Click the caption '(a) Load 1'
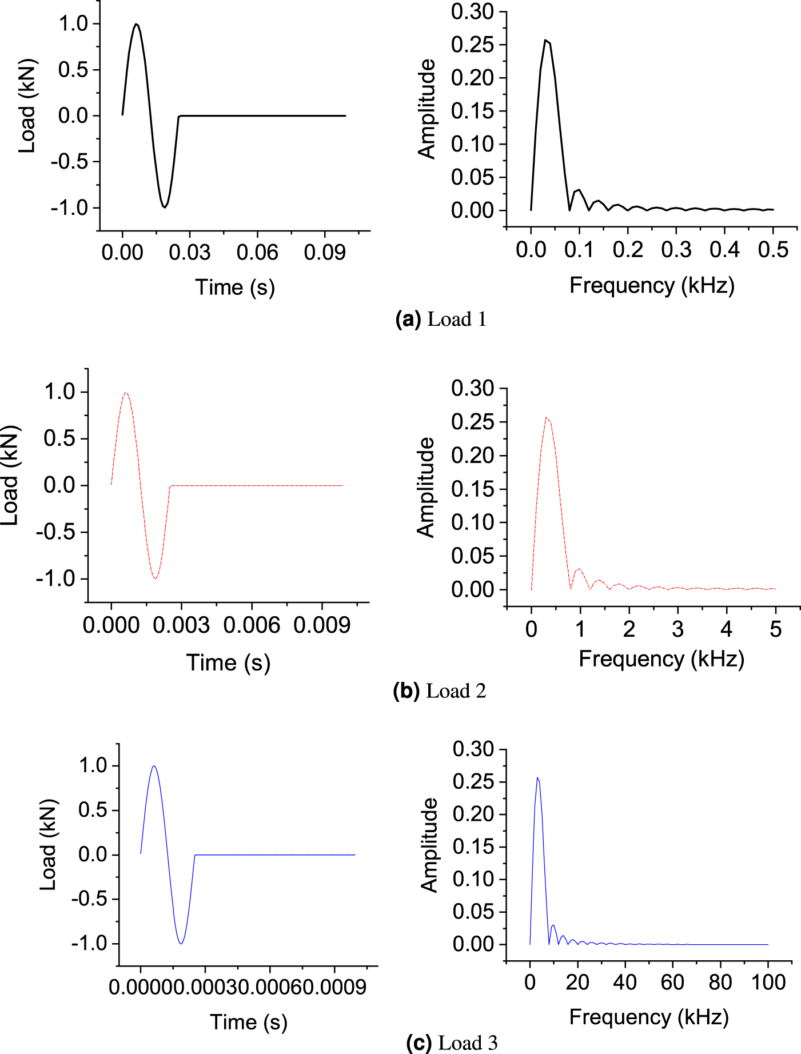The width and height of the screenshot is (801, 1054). coord(441,319)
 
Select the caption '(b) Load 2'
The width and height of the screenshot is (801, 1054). coord(439,691)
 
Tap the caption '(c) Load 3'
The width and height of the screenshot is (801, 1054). coord(452,1043)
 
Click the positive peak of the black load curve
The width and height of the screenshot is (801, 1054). coord(136,24)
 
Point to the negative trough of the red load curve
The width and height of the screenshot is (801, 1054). coord(155,578)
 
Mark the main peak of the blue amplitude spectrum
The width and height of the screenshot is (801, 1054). coord(537,778)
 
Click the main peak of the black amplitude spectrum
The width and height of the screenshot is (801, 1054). coord(545,40)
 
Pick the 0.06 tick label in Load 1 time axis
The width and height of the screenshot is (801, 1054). coord(257,253)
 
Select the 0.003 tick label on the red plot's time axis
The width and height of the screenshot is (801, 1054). coord(181,625)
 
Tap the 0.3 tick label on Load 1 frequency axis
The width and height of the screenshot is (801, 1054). coord(676,250)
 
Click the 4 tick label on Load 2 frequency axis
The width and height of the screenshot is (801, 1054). coord(726,630)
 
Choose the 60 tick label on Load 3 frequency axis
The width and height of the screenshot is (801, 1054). coord(672,983)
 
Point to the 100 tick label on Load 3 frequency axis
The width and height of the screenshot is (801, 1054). coord(768,983)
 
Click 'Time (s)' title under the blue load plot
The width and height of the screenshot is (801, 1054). coord(248,1022)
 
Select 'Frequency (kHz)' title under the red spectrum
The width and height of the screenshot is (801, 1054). coord(661,659)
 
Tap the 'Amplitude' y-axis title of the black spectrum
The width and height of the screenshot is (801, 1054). coord(427,109)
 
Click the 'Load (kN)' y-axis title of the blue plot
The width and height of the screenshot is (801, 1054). coord(49,845)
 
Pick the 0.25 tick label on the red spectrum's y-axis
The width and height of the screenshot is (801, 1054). coord(472,422)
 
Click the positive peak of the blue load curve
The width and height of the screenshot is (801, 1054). coord(154,766)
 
